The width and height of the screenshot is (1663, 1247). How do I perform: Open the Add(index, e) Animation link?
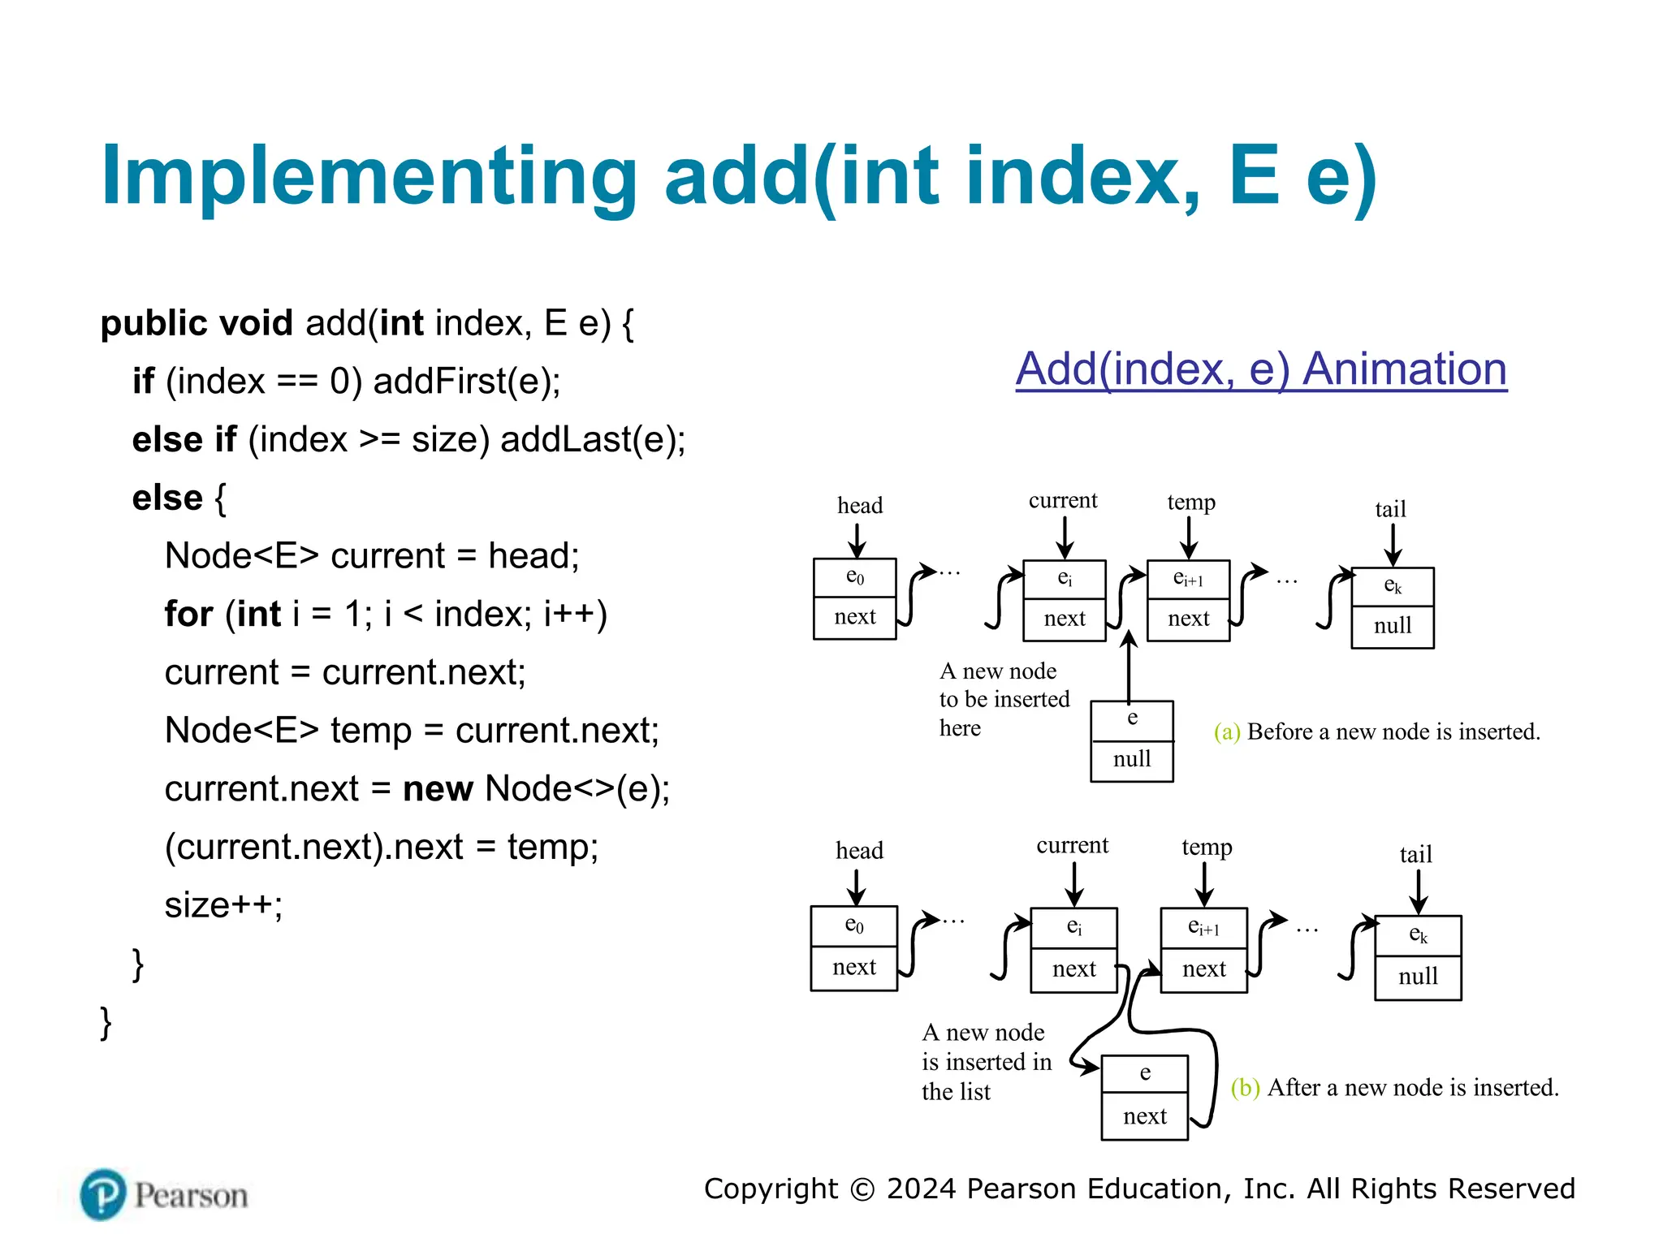(1260, 369)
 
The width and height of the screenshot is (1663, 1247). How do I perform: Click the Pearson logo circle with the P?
(103, 1194)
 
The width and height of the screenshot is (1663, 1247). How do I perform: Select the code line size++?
(223, 904)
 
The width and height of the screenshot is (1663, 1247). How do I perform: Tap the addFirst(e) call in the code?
(466, 381)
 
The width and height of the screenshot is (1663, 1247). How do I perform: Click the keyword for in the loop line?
(188, 614)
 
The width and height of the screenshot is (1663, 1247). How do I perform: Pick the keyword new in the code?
(438, 788)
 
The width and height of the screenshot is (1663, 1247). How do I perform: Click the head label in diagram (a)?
(859, 506)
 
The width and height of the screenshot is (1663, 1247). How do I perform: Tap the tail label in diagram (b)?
(1415, 854)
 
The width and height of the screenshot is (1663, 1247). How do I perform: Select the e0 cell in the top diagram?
(854, 577)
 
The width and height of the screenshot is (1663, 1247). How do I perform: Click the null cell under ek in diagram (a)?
(1392, 626)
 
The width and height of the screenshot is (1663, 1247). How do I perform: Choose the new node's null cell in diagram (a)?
(1131, 760)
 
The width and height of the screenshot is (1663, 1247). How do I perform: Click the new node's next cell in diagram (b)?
(1144, 1116)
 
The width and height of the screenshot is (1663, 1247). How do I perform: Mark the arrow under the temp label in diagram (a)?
(1189, 537)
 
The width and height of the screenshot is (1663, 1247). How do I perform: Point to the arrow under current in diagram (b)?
(1073, 883)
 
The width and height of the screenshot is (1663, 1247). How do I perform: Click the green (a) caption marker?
(1226, 732)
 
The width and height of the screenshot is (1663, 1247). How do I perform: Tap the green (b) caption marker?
(1244, 1088)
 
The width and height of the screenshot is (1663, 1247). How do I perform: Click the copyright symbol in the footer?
(862, 1189)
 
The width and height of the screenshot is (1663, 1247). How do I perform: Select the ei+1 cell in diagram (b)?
(1203, 927)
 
